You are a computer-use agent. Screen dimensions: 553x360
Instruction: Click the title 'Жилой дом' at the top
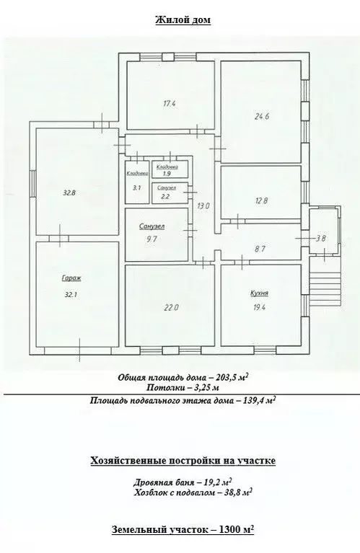coord(183,20)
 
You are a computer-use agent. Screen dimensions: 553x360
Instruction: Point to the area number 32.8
coord(69,193)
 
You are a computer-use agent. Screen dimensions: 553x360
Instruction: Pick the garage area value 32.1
coord(69,293)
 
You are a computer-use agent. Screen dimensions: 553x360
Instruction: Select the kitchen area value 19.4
coord(260,307)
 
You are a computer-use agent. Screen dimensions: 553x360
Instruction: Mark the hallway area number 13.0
coord(203,206)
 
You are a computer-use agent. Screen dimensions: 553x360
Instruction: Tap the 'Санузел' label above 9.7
coord(152,226)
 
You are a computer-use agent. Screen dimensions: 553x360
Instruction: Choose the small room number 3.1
coord(136,187)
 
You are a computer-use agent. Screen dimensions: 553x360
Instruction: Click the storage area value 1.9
coord(166,174)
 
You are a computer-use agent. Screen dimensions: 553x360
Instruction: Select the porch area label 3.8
coord(321,238)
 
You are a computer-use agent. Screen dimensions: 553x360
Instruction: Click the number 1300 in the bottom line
coord(220,529)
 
